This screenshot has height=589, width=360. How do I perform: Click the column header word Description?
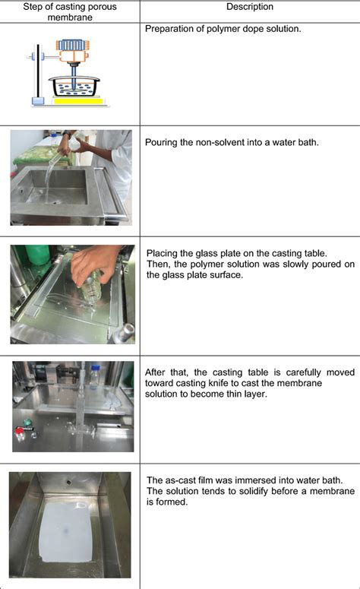250,7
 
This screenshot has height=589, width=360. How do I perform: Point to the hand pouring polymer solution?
91,262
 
